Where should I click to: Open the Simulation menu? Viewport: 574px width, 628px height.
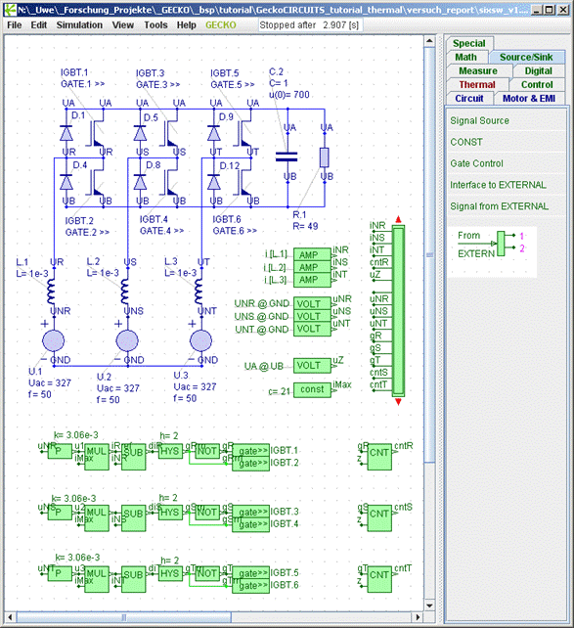[x=78, y=24]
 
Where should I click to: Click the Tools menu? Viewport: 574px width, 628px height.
[x=155, y=24]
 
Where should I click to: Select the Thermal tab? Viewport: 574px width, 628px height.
[x=477, y=84]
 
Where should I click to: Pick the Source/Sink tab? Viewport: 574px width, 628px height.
[x=526, y=57]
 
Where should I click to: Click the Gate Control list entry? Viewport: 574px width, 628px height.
[x=476, y=163]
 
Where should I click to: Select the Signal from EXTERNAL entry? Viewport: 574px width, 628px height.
[x=499, y=206]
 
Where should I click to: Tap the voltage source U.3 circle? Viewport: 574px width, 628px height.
[x=200, y=341]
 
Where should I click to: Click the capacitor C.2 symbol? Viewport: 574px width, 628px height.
[x=287, y=155]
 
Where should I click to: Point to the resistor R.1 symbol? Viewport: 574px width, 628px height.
[x=325, y=157]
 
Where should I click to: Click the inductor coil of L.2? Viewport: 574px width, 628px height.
[x=125, y=291]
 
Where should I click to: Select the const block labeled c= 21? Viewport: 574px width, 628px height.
[x=312, y=390]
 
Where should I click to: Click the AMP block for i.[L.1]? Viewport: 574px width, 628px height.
[x=308, y=253]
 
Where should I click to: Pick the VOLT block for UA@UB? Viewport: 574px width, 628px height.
[x=308, y=365]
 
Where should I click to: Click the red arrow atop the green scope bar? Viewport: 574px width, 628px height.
[x=398, y=219]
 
